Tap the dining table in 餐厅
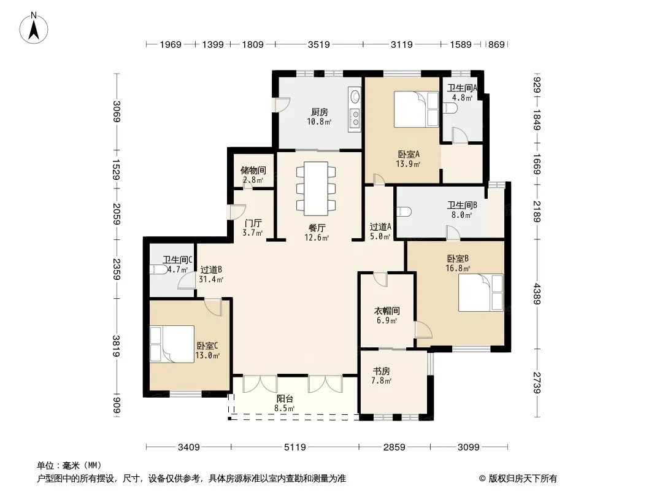pos(316,188)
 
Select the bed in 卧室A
pos(416,109)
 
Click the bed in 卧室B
pos(481,292)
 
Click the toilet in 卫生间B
pos(404,212)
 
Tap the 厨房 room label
pos(320,112)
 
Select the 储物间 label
pos(253,170)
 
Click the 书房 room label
pos(381,371)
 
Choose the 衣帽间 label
pos(387,311)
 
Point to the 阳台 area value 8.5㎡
pos(285,408)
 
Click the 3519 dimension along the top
pos(319,44)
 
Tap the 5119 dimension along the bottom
pos(295,447)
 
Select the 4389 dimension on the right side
pos(537,294)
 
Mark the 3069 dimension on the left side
pos(117,112)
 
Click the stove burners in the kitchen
pos(355,118)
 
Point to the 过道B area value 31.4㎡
pos(211,279)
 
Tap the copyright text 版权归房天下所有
pos(523,479)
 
